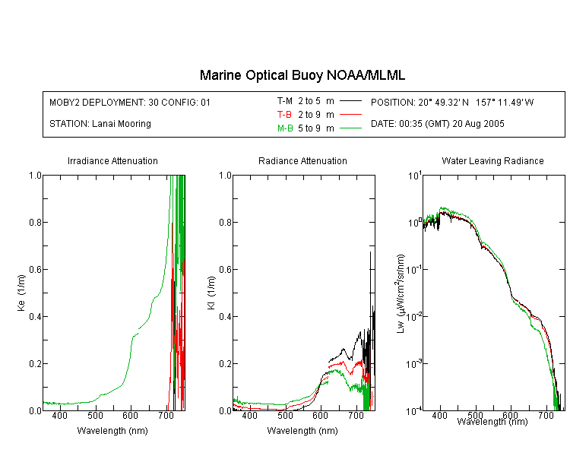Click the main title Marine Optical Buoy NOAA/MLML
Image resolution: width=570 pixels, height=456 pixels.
click(302, 75)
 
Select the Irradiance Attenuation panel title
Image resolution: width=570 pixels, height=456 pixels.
click(112, 160)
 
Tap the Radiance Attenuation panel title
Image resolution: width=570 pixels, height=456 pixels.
click(302, 160)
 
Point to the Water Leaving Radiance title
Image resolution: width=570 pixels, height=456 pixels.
click(492, 160)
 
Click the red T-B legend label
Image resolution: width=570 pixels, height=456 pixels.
click(284, 115)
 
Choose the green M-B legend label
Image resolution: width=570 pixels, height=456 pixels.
click(285, 128)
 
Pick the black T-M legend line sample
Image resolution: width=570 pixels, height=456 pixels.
click(350, 101)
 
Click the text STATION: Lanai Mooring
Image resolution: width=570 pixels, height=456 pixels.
click(100, 124)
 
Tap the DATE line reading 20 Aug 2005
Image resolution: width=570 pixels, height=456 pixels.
click(438, 124)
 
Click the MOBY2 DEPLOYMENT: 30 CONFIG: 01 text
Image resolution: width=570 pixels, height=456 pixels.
click(130, 102)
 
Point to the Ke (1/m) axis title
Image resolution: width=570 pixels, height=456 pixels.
click(21, 293)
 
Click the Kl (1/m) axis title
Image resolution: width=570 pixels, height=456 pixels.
click(211, 293)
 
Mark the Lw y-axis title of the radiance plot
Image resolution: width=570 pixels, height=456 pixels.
click(401, 293)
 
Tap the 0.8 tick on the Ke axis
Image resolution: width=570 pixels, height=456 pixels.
click(35, 222)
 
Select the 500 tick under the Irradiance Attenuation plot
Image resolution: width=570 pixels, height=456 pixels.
click(95, 415)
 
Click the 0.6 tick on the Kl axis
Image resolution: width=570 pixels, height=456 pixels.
click(226, 270)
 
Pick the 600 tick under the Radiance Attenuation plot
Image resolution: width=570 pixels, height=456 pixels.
click(320, 415)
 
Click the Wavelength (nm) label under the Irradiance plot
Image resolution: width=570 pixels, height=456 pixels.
click(112, 431)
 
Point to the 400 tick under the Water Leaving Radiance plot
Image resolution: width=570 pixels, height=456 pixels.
click(440, 415)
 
